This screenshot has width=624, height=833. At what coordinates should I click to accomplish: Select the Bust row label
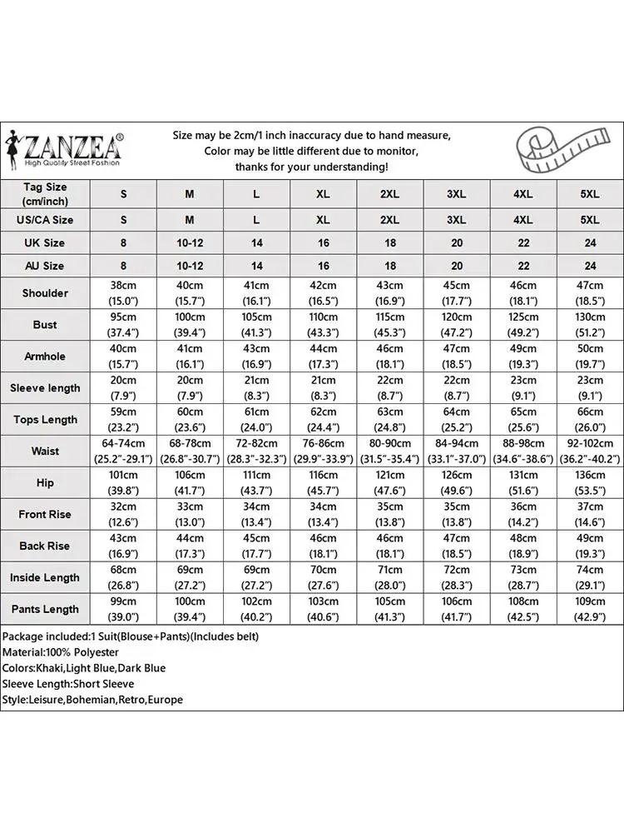(45, 325)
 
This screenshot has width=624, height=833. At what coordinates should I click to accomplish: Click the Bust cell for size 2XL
(390, 325)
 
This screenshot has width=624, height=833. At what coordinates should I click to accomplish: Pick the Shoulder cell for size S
(124, 293)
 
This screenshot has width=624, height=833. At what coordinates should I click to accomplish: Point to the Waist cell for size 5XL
(589, 451)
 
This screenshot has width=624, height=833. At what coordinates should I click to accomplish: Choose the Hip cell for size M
(190, 483)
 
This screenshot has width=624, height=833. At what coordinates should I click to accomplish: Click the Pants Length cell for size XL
(324, 609)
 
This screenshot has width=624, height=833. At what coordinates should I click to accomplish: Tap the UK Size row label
(45, 243)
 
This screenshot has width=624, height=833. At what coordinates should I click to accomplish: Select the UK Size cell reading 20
(456, 243)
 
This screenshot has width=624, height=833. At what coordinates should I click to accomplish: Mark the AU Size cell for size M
(190, 266)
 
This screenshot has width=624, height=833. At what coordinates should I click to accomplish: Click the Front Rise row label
(45, 515)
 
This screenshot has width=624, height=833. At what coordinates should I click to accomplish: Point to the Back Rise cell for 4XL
(522, 546)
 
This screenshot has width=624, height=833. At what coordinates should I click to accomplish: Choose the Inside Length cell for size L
(256, 577)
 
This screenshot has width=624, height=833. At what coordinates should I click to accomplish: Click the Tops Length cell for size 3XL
(456, 420)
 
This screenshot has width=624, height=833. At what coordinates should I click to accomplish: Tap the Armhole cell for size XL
(324, 357)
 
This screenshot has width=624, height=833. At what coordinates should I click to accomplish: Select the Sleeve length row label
(45, 388)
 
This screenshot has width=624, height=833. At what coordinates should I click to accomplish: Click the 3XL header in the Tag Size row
(456, 194)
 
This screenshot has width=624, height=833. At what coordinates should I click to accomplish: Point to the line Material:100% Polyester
(61, 652)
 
